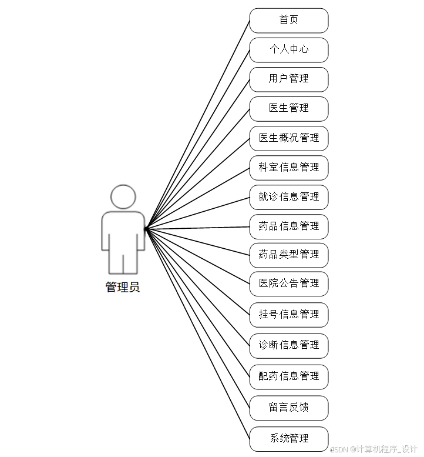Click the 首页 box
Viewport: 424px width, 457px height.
[x=288, y=21]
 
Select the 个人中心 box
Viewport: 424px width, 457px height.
[x=288, y=50]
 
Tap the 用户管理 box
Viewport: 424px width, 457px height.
[x=288, y=79]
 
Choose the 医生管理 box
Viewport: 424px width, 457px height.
[x=288, y=109]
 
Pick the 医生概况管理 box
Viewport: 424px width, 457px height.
[x=288, y=138]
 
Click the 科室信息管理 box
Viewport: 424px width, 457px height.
[x=288, y=168]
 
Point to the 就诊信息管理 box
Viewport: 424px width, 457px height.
[x=288, y=197]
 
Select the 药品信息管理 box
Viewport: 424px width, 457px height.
[x=288, y=226]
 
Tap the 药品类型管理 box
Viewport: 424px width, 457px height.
[x=288, y=255]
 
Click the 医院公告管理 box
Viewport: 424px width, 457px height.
[x=288, y=283]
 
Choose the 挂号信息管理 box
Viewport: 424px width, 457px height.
[x=288, y=315]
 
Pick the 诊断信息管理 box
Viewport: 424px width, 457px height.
[x=288, y=345]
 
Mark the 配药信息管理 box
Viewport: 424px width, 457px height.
[x=288, y=376]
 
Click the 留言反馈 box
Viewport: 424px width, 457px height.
[x=288, y=408]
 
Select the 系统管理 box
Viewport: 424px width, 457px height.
[x=288, y=439]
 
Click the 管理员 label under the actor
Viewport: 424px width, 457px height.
[x=123, y=288]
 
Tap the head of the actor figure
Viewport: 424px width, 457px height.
[x=123, y=197]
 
